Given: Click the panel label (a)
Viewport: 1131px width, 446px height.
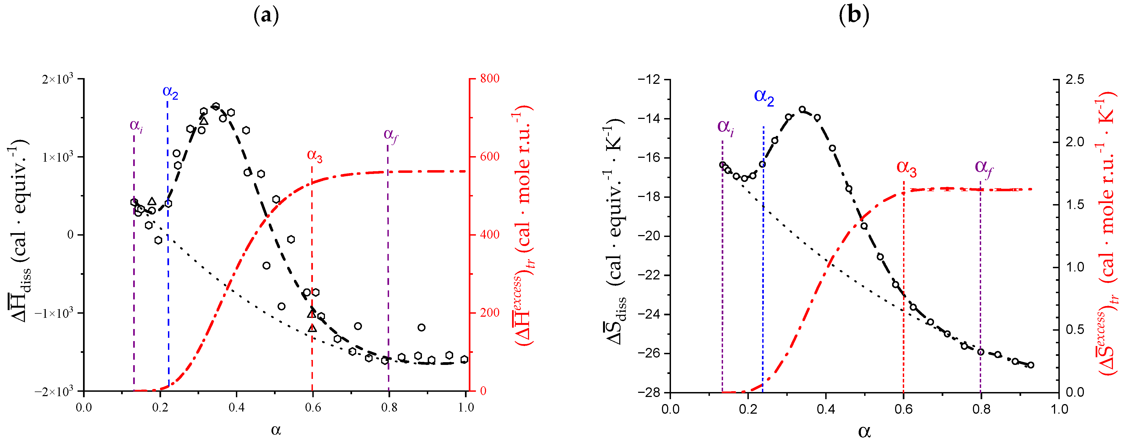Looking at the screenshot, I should (266, 16).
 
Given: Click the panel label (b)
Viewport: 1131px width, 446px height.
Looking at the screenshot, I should (853, 16).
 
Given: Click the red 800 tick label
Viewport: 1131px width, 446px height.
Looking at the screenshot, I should (490, 79).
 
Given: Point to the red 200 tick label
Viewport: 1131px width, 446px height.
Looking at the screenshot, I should (490, 313).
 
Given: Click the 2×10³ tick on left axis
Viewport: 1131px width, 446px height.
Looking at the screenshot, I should (57, 79).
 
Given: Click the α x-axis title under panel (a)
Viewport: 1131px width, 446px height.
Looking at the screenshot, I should (276, 430).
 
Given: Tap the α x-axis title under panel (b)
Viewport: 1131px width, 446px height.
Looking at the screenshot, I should (864, 432).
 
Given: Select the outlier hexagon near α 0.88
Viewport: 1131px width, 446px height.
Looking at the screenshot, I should (421, 327).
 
